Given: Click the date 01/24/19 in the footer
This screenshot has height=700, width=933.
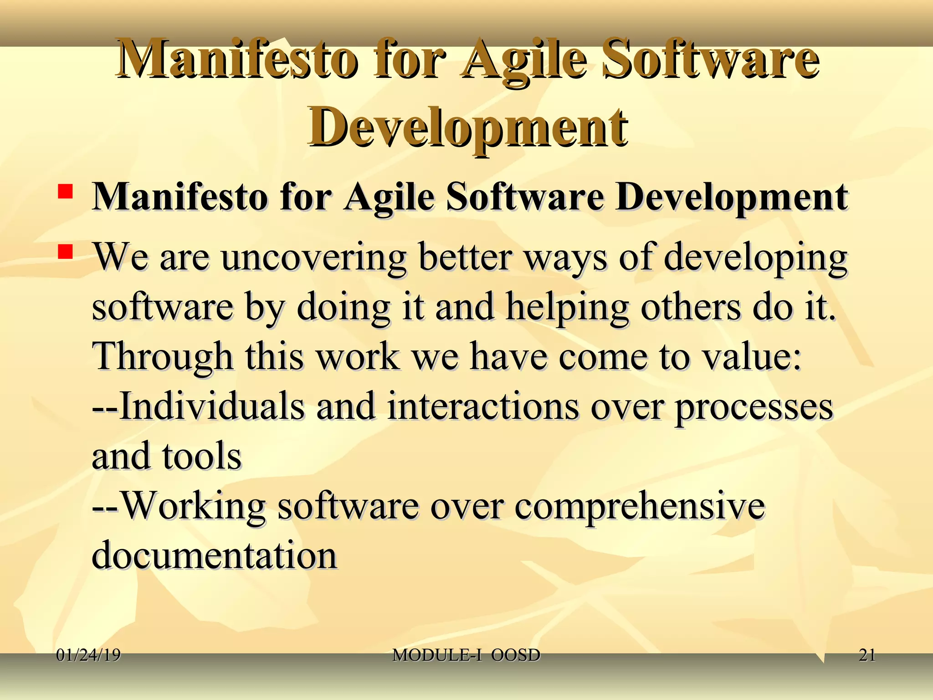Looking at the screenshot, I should [88, 655].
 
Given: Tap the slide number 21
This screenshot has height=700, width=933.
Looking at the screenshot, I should [866, 655].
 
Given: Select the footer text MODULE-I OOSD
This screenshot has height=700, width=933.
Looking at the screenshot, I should [466, 655].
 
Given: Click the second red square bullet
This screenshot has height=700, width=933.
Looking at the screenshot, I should [66, 252].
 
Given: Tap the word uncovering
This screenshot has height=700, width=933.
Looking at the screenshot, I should [314, 257].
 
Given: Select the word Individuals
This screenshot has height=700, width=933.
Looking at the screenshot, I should [212, 406].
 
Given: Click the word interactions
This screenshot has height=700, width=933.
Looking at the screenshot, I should [483, 406].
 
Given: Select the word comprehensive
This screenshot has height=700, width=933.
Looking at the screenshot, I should [640, 506].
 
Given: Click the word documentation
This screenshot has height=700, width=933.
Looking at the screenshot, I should [214, 555].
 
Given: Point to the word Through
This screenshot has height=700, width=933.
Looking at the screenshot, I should [163, 357].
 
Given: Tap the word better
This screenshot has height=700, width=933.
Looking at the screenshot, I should [465, 257].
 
